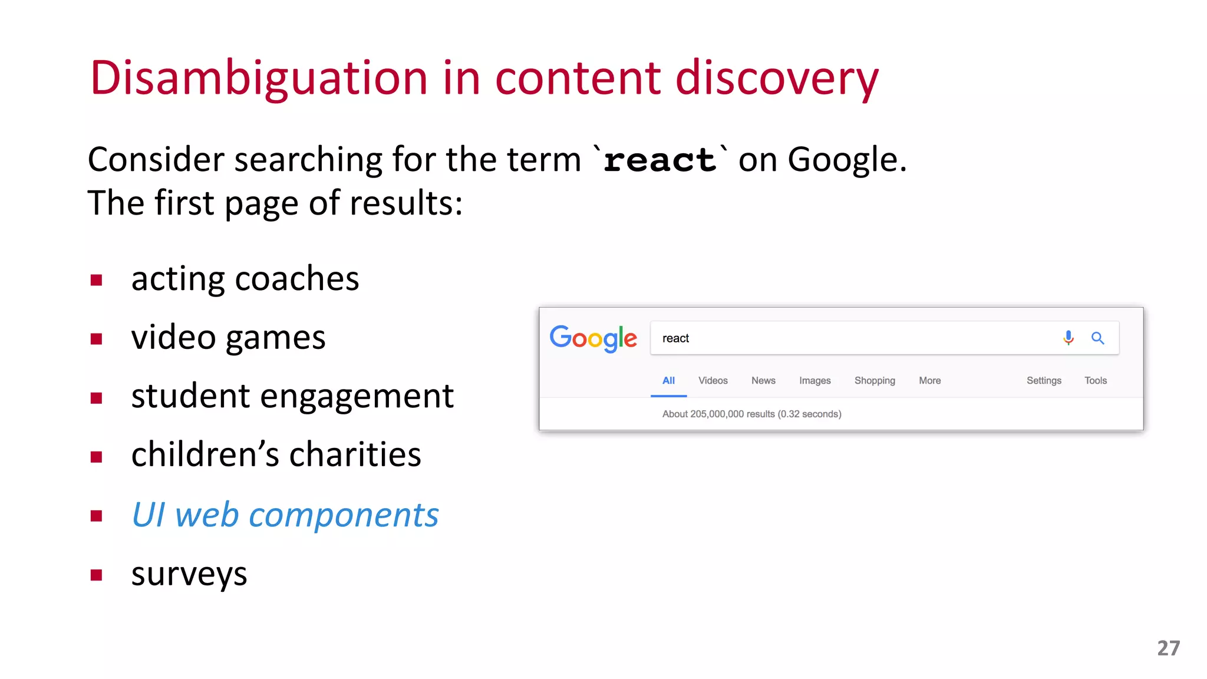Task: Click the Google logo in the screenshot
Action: tap(593, 338)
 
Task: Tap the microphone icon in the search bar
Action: tap(1068, 338)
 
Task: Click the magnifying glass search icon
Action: tap(1097, 338)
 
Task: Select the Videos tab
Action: tap(713, 381)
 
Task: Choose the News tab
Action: tap(763, 381)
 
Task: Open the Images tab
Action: tap(814, 381)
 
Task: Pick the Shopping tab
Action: tap(875, 381)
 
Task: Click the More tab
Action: tap(929, 381)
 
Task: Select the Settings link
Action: tap(1044, 381)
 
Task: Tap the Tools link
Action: tap(1096, 381)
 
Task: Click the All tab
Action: tap(668, 381)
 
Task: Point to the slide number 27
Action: tap(1168, 648)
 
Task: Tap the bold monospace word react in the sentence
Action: tap(659, 160)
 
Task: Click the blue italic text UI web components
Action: tap(285, 515)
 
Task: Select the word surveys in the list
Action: tap(189, 574)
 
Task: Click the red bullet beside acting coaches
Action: tap(97, 280)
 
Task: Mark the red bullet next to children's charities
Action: tap(97, 457)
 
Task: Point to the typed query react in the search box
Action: tap(675, 338)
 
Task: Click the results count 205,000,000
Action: tap(717, 414)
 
